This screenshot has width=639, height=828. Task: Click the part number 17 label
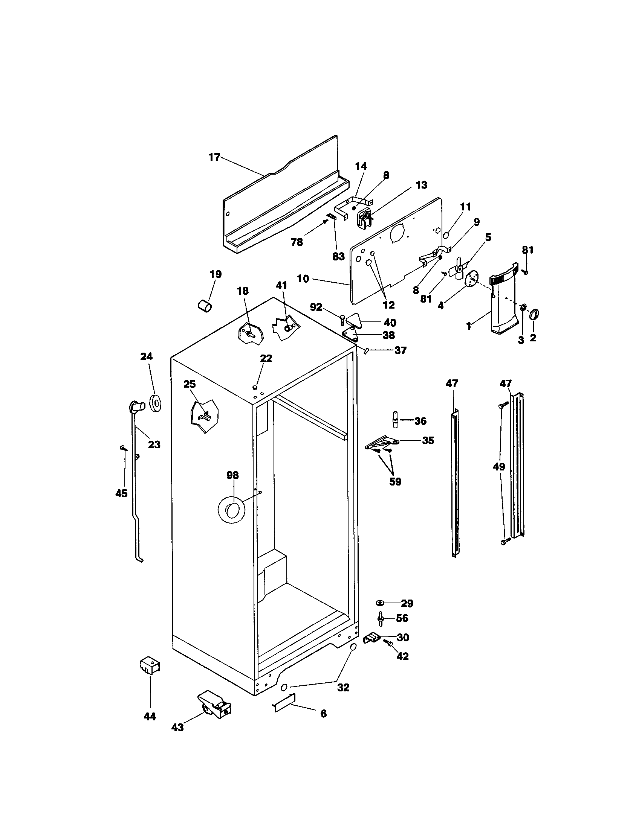(x=214, y=157)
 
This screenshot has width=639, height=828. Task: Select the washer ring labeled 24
(x=155, y=403)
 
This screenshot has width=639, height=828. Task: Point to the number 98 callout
(x=232, y=475)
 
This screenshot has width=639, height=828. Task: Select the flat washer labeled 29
(x=379, y=603)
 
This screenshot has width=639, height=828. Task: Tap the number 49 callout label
(x=499, y=467)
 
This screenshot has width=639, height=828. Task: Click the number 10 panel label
(x=303, y=279)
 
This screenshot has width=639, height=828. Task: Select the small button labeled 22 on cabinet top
(x=255, y=387)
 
